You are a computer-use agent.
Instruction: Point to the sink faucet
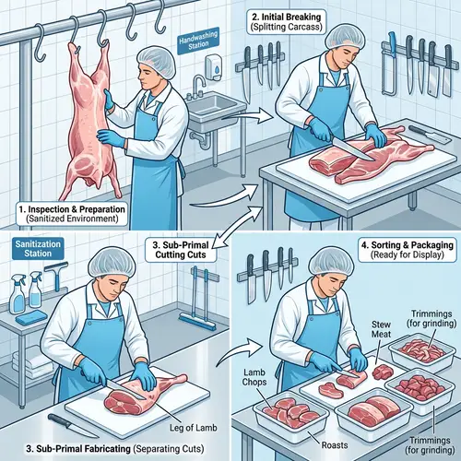coord(198,87)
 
